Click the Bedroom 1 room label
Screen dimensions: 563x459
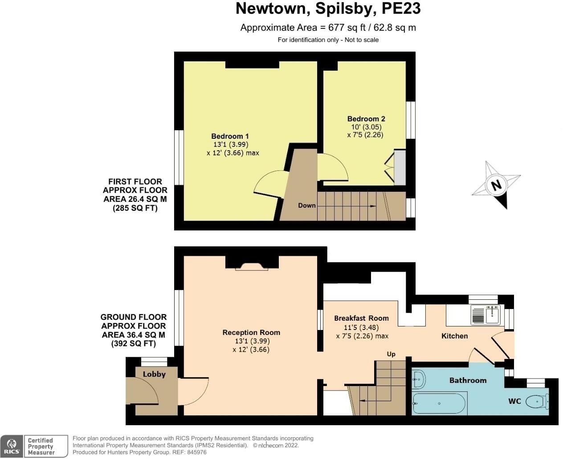point(230,136)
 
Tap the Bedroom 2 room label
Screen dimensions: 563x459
point(366,119)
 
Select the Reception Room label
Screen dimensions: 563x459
point(251,332)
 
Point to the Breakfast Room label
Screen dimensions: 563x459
point(361,318)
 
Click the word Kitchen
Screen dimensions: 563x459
point(454,336)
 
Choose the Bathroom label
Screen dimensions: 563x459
point(468,380)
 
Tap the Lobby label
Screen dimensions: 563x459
point(154,374)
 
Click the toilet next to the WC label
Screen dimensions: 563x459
point(537,402)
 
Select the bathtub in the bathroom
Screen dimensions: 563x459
point(439,403)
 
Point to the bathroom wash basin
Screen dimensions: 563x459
point(419,379)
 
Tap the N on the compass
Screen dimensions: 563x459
point(496,185)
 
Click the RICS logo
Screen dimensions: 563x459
point(12,446)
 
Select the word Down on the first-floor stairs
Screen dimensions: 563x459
point(307,205)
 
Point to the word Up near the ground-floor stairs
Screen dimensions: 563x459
point(391,354)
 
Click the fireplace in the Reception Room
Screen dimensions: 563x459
point(252,266)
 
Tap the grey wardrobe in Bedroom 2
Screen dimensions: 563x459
point(400,168)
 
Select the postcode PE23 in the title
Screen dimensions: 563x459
point(401,8)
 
